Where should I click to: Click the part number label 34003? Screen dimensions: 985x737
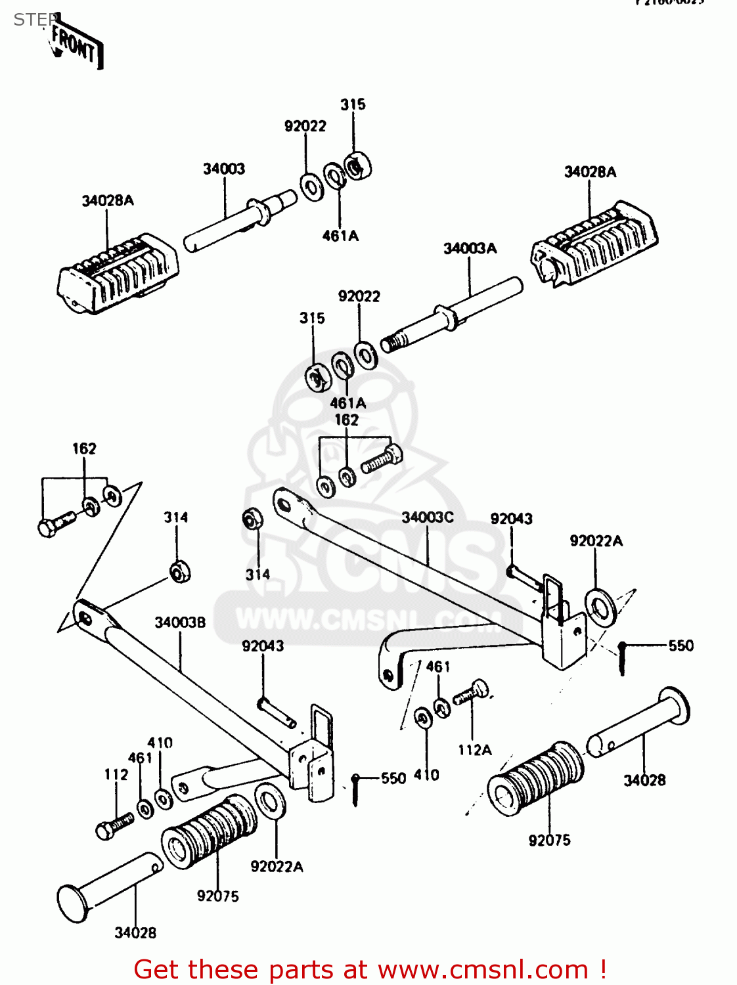[x=224, y=169]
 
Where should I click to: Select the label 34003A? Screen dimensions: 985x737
[x=470, y=248]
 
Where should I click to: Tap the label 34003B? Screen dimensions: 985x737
[x=180, y=623]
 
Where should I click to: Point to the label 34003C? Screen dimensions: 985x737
[x=428, y=517]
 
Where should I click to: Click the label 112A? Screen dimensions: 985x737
[x=474, y=750]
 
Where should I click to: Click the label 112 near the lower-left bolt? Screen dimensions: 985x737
[x=116, y=775]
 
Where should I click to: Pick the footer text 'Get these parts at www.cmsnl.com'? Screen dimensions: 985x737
[x=369, y=969]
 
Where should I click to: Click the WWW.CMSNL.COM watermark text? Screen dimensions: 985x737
[x=368, y=619]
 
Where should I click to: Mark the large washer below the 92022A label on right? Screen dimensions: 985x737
[x=600, y=607]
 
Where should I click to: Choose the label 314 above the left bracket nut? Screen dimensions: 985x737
[x=176, y=517]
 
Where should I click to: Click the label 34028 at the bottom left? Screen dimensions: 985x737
[x=135, y=932]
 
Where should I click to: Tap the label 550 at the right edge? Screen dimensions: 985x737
[x=681, y=646]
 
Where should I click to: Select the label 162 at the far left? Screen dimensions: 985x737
[x=84, y=449]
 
